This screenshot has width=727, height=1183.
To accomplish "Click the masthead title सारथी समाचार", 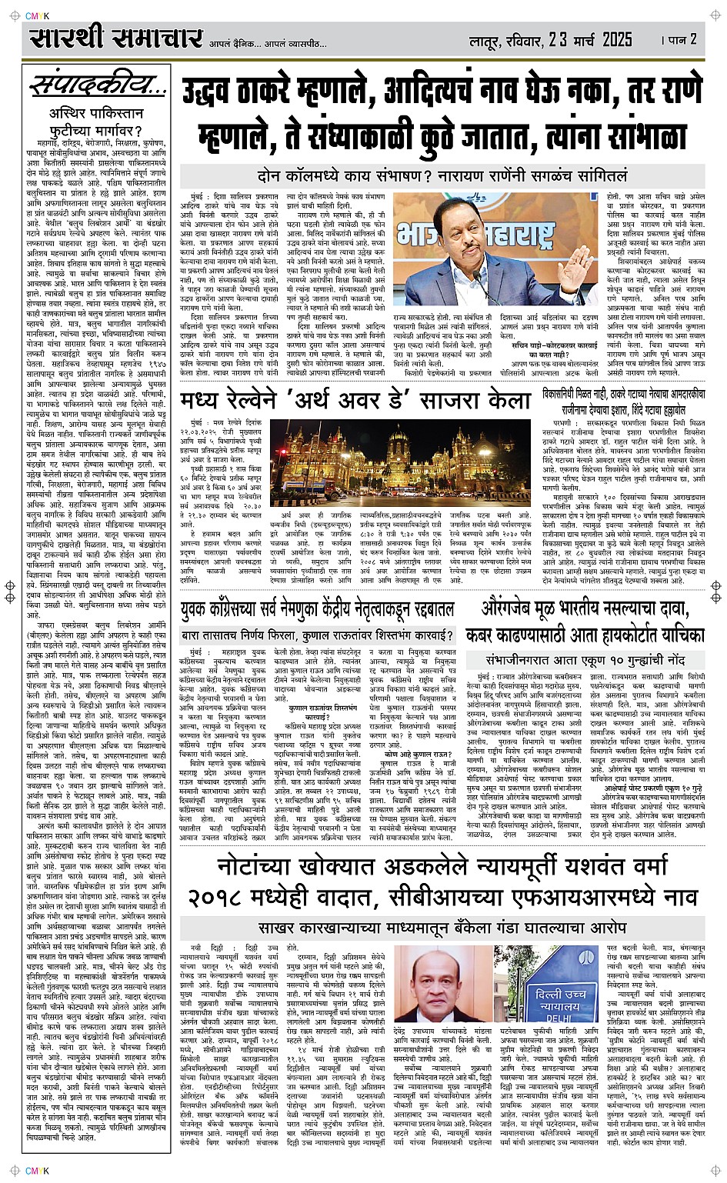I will click(x=116, y=38).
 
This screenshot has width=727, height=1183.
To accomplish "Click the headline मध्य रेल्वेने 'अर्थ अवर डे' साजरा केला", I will click(x=355, y=400).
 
